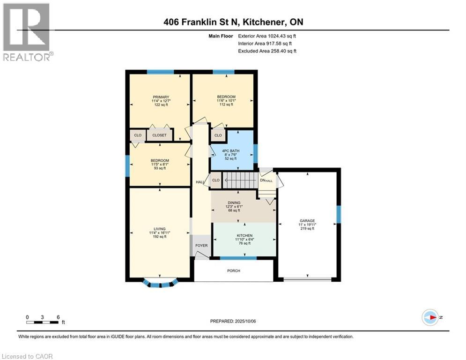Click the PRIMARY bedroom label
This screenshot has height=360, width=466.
(x=160, y=97)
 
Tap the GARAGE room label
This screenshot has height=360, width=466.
(x=308, y=220)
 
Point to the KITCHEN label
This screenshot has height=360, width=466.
(x=244, y=235)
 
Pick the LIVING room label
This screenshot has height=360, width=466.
(x=160, y=229)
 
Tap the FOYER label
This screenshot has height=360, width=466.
(x=201, y=245)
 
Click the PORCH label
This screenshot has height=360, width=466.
(x=233, y=270)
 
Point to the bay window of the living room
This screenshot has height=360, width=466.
(x=160, y=283)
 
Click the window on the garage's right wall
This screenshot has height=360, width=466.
(x=339, y=214)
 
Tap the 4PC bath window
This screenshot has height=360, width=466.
(x=255, y=152)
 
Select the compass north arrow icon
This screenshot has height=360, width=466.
(x=430, y=317)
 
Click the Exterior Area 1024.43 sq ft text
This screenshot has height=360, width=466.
(x=267, y=36)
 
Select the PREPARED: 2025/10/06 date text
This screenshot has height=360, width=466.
(x=233, y=321)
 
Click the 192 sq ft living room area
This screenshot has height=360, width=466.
(x=160, y=237)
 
